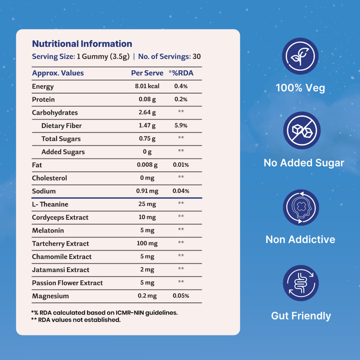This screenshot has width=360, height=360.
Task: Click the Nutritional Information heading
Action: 82,44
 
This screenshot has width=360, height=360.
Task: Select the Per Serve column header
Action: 147,73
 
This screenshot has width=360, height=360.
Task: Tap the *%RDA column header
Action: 181,73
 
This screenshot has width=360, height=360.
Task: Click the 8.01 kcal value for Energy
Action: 147,86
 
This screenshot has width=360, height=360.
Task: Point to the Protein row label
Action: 43,99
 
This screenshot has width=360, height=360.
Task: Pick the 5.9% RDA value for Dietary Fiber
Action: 181,126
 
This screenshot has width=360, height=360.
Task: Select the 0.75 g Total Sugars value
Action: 147,139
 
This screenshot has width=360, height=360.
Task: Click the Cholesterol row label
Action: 49,178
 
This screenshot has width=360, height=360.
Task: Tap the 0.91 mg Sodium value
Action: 147,191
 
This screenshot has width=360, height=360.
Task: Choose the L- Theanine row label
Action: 49,204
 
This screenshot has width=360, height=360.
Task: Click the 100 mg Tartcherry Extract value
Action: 147,243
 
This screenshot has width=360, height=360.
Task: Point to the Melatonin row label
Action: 48,230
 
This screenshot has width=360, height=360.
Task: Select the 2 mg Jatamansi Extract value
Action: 147,270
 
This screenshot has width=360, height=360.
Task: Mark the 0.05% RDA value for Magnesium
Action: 181,296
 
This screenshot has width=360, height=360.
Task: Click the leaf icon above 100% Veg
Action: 300,56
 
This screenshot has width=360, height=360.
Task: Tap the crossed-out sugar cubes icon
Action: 300,131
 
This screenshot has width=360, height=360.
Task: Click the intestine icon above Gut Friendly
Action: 300,283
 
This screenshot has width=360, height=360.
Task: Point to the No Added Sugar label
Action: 304,163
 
